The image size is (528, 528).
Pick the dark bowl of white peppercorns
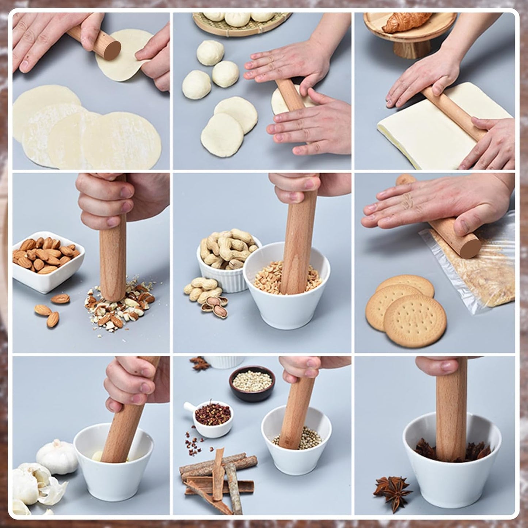(x=252, y=384)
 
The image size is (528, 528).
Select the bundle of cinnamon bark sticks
(x=216, y=479)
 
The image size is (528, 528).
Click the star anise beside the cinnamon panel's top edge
(x=200, y=364)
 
